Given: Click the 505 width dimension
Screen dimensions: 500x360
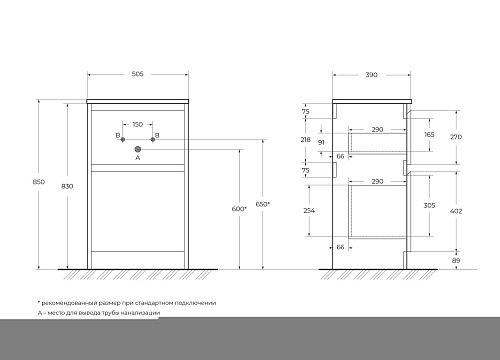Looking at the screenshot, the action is [138, 73].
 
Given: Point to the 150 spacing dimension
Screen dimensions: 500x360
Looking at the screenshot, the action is [138, 126].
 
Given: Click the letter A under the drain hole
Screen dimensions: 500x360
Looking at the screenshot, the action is [138, 158].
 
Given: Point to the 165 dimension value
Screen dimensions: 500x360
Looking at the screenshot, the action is [429, 134].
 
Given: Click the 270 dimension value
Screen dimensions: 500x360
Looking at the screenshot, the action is [457, 135].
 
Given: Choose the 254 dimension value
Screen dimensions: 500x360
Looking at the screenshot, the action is [309, 212].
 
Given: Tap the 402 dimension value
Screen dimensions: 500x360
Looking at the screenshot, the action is [457, 210].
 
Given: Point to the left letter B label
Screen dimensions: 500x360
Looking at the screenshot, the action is [117, 135].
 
